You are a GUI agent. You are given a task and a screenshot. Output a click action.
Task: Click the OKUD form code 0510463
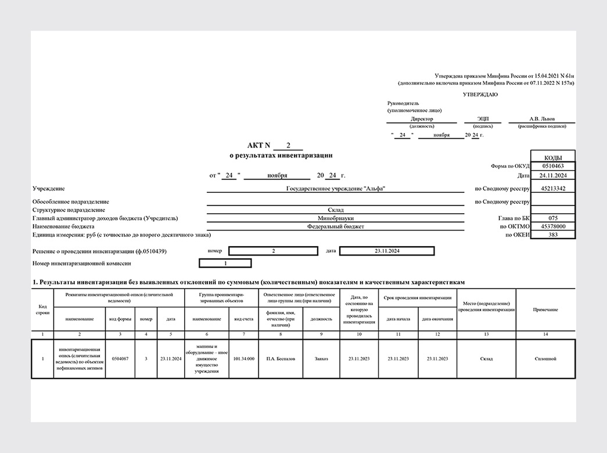click(552, 166)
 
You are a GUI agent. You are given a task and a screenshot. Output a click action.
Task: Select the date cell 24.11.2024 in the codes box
click(552, 175)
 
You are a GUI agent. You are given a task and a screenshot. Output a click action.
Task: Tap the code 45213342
click(552, 188)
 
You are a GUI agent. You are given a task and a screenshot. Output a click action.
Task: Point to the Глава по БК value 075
click(552, 218)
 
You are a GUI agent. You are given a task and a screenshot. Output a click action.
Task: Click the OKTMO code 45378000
click(552, 227)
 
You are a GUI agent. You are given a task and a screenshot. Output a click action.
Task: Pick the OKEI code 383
click(552, 235)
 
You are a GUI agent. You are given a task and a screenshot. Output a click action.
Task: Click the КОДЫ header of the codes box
click(552, 157)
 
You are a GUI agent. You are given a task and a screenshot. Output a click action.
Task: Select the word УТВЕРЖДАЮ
click(480, 94)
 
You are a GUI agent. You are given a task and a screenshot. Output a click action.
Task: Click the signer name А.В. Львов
click(541, 119)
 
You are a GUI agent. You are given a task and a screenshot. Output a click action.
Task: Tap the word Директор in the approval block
click(421, 119)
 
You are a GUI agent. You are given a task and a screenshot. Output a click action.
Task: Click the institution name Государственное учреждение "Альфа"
click(336, 188)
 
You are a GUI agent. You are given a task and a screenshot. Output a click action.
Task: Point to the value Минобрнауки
click(336, 218)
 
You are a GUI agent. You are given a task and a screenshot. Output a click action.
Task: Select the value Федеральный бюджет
click(336, 227)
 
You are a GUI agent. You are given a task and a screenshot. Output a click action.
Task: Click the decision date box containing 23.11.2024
click(386, 251)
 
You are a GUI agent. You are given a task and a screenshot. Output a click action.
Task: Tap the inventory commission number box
click(225, 263)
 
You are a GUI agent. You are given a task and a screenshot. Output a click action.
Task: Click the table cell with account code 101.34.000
click(243, 359)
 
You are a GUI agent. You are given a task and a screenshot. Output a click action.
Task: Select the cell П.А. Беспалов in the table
click(281, 359)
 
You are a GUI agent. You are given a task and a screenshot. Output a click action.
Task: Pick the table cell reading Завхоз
click(321, 359)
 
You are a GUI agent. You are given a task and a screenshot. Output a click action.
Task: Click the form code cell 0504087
click(120, 359)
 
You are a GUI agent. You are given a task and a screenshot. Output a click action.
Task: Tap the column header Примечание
click(545, 310)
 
